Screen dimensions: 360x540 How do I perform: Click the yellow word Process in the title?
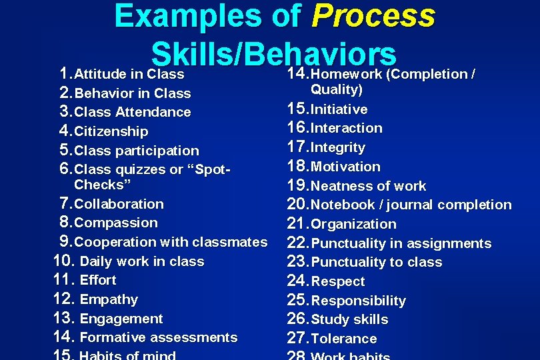point(373,16)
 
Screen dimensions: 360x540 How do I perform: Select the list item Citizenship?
point(111,131)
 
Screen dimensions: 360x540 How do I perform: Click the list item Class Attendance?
point(133,112)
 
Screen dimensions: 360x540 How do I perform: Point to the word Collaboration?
point(119,204)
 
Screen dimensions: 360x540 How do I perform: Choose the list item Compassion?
point(116,223)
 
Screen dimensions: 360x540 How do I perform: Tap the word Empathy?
point(109,299)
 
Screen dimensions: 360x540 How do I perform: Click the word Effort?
point(97,280)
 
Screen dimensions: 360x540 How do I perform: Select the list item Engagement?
point(121,319)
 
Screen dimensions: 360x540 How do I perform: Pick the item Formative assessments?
point(158,337)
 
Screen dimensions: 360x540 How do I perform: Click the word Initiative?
point(339,109)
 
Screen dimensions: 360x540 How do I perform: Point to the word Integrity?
point(338,147)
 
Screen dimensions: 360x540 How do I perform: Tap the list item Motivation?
point(345,167)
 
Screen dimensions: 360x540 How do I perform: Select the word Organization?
point(353,224)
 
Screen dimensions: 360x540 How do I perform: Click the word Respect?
point(338,281)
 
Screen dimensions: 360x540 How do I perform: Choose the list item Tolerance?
point(344,339)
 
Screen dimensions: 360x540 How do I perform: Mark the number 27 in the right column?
point(297,338)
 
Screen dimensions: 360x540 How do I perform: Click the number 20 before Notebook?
point(297,204)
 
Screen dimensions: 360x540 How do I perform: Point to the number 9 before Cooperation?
point(65,241)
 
